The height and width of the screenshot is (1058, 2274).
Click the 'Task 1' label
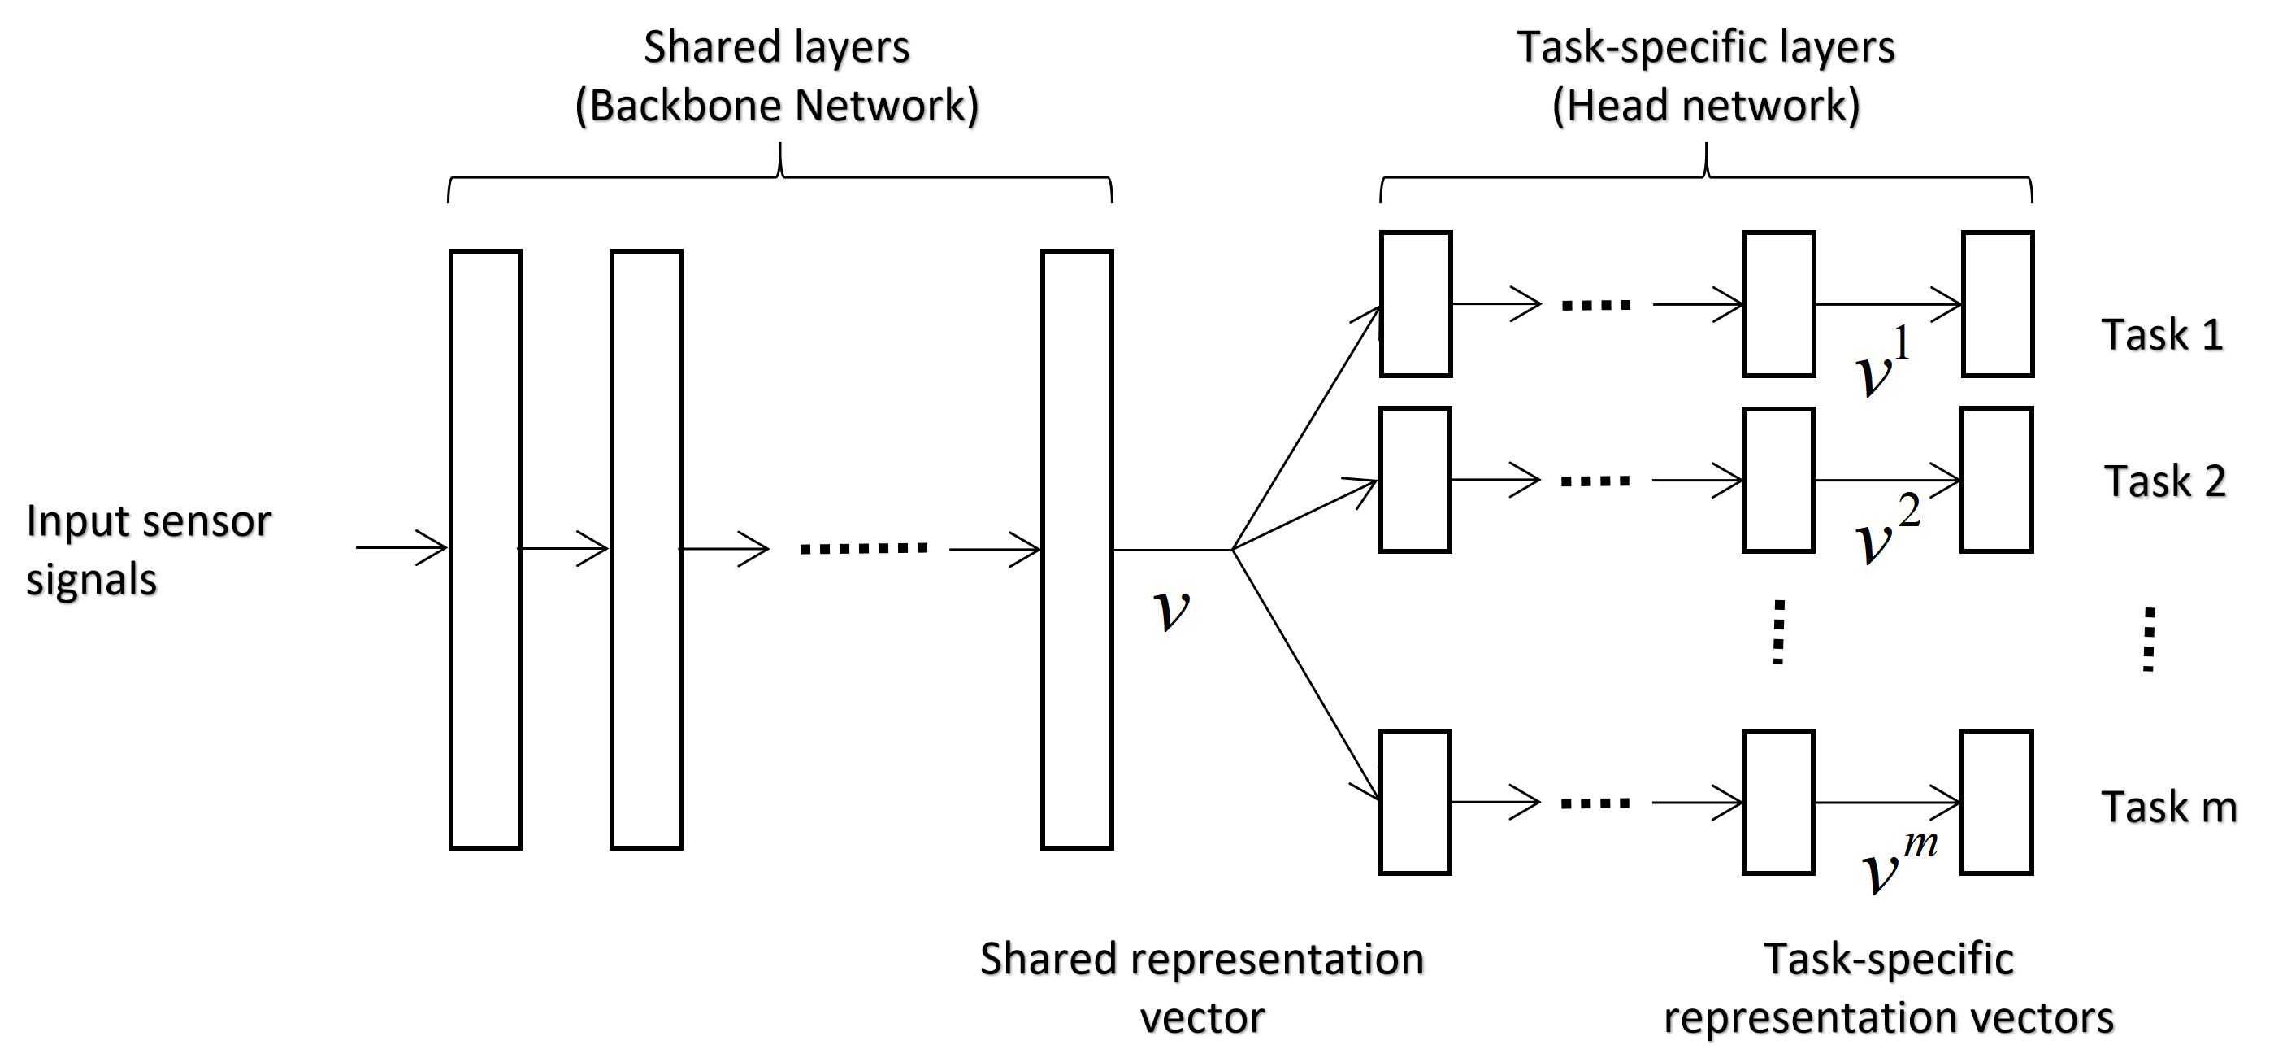[x=2161, y=336]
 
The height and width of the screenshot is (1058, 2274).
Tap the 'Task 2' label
[x=2164, y=482]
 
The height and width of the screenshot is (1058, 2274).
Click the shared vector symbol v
[x=1172, y=609]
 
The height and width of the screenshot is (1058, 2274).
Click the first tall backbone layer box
[x=485, y=549]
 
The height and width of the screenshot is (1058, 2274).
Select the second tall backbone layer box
[x=646, y=549]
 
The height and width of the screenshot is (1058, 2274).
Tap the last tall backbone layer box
[x=1076, y=549]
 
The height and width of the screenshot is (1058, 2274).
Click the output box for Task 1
[x=1998, y=305]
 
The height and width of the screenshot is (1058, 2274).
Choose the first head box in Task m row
[x=1415, y=802]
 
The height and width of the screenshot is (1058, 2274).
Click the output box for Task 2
[x=1997, y=480]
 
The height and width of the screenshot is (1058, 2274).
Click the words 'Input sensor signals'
[x=147, y=549]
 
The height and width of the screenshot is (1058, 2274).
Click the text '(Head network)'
[x=1705, y=106]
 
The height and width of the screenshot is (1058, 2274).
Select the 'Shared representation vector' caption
[x=1201, y=987]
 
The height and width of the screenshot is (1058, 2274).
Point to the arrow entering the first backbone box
[x=401, y=547]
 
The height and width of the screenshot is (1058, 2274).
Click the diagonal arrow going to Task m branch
[x=1307, y=676]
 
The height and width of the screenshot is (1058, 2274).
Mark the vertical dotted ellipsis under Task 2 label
[x=2149, y=639]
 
